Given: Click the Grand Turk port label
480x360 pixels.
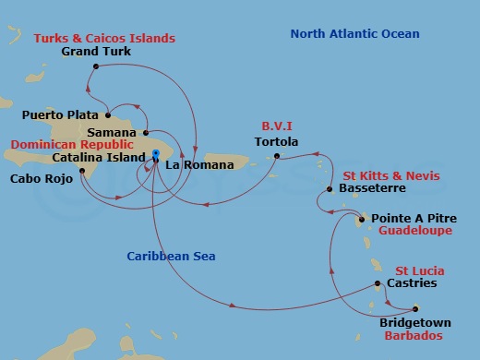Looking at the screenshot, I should point(96,52).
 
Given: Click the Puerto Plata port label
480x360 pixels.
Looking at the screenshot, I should point(60,116).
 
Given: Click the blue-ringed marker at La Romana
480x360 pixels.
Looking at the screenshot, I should point(157,153).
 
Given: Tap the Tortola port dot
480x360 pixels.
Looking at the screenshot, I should point(276,157).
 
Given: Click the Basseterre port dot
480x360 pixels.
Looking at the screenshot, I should point(330,190).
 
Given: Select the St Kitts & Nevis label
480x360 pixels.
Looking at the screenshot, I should point(391,175).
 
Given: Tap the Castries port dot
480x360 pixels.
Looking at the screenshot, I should point(377,283).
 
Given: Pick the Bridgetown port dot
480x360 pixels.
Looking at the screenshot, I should point(415,309).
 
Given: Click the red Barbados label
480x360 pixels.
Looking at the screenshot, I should point(413,337).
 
